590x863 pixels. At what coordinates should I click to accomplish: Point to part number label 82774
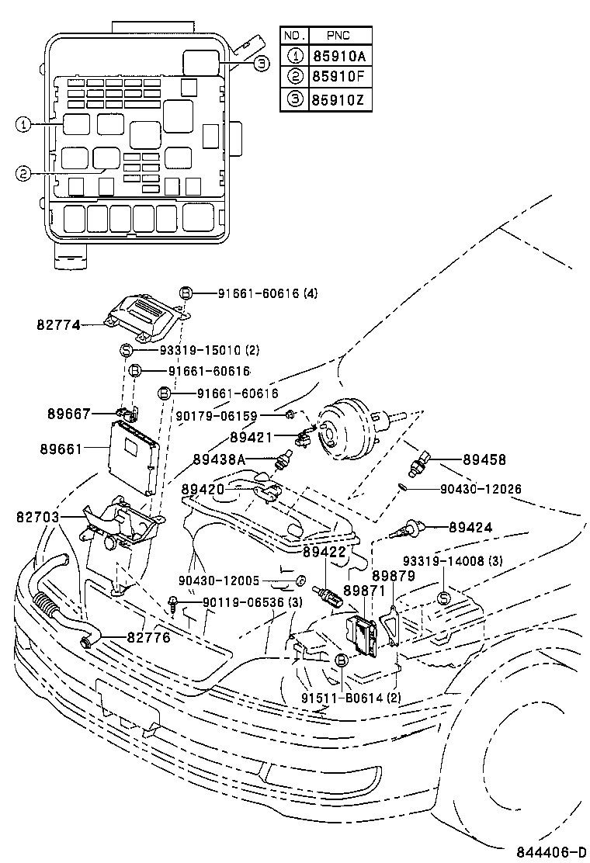pyautogui.click(x=58, y=326)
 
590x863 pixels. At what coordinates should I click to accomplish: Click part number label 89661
pyautogui.click(x=58, y=449)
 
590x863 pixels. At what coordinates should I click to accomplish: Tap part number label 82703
pyautogui.click(x=36, y=515)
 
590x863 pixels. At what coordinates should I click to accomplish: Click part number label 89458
pyautogui.click(x=484, y=459)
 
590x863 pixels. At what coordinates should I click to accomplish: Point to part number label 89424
pyautogui.click(x=470, y=527)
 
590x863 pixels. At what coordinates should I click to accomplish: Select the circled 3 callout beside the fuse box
pyautogui.click(x=262, y=64)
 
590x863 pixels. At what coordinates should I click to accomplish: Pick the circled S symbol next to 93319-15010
pyautogui.click(x=127, y=351)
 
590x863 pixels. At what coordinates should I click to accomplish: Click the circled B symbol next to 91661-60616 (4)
pyautogui.click(x=186, y=293)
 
